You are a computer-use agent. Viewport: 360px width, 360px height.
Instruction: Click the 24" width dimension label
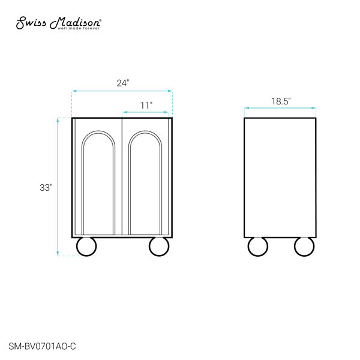pos(123,83)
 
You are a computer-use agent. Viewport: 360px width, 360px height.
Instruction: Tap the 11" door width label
pos(146,106)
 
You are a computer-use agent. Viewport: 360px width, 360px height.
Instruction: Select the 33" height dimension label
pos(46,188)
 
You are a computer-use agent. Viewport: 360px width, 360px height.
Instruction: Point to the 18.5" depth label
pos(281,101)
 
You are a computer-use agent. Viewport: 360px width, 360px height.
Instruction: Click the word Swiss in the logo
pos(31,23)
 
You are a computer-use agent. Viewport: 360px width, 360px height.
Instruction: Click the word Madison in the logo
pos(75,23)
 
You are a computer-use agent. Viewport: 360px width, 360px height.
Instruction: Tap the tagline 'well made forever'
pos(79,28)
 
